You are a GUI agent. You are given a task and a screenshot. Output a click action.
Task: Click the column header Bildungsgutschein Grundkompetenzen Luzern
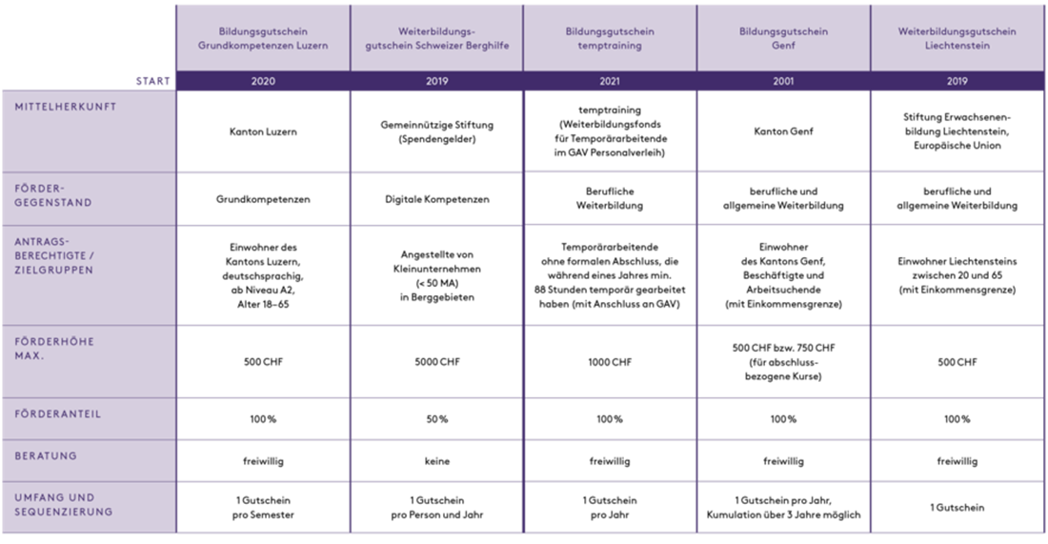click(x=262, y=38)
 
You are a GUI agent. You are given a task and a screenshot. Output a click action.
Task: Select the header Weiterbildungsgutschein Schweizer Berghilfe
click(x=436, y=38)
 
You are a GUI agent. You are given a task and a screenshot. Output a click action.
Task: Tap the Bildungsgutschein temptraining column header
click(x=610, y=38)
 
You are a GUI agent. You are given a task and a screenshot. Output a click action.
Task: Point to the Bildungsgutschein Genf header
click(x=783, y=38)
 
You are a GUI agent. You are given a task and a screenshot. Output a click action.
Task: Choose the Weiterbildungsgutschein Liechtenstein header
click(x=957, y=38)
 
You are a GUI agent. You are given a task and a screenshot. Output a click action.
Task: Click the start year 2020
click(x=262, y=81)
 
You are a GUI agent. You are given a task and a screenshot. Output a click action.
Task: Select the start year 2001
click(x=783, y=81)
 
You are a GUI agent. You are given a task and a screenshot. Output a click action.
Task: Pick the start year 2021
click(x=610, y=81)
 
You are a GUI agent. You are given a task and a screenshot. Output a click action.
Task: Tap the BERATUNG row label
click(x=46, y=455)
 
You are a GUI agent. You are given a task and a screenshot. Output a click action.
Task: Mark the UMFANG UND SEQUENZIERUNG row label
click(x=63, y=504)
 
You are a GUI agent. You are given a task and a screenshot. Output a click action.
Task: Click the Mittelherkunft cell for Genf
click(x=783, y=131)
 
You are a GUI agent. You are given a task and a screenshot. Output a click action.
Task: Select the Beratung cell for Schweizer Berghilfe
click(x=436, y=461)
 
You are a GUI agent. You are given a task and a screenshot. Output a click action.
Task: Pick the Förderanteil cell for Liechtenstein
click(x=957, y=418)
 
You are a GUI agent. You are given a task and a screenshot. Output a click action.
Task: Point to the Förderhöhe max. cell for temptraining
click(x=610, y=363)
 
